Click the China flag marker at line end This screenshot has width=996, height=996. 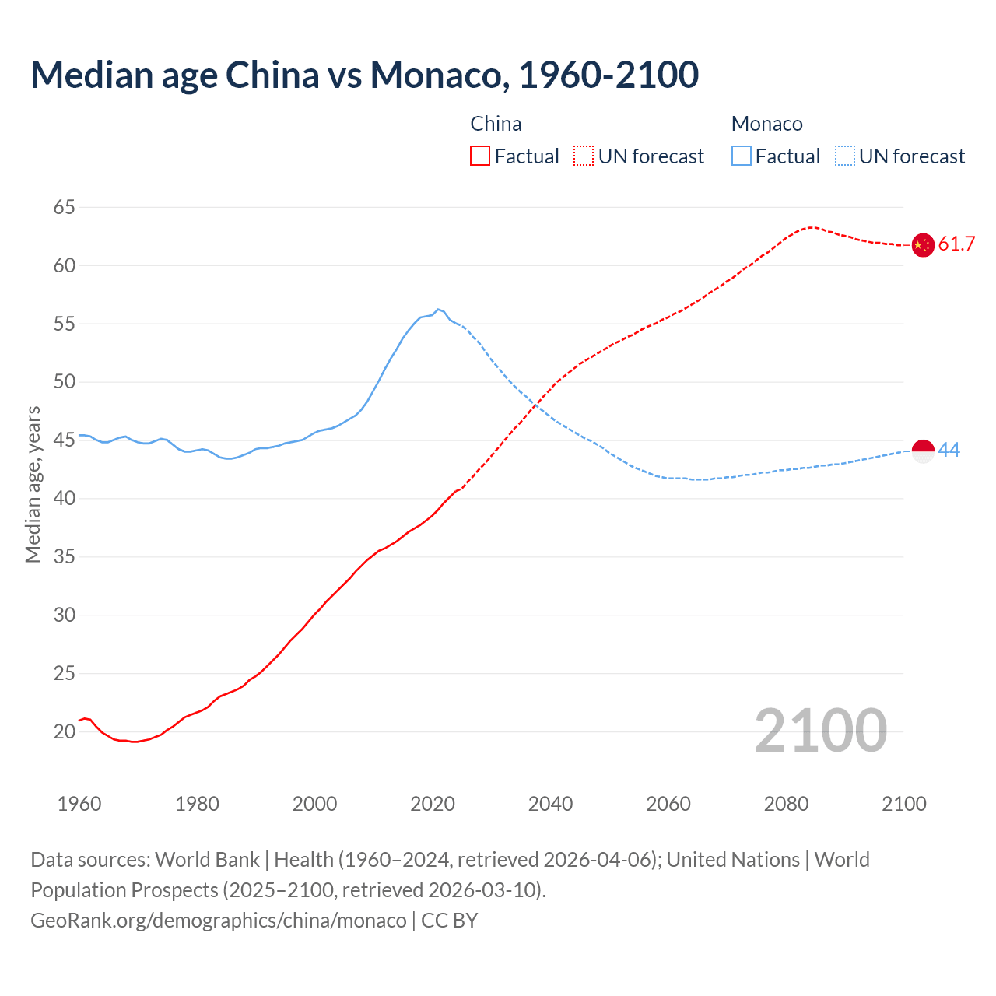pos(922,245)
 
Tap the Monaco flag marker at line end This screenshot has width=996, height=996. pos(922,451)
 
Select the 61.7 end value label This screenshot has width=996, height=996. pos(956,244)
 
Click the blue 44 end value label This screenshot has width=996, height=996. pos(949,450)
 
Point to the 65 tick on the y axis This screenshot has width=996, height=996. pos(65,207)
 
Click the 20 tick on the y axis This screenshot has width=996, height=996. pos(65,731)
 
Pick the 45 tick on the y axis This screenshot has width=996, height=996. pos(65,440)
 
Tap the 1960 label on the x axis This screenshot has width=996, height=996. pos(79,804)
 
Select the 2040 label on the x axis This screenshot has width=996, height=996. pos(550,804)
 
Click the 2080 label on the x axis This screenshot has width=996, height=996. pos(786,804)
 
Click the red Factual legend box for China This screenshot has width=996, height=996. pos(480,156)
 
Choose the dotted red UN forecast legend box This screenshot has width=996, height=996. pos(584,156)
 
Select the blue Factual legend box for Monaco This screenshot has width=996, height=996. pos(742,156)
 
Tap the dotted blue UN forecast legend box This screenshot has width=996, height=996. pos(844,156)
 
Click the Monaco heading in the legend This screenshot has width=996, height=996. pos(766,124)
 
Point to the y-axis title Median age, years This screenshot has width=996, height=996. pos(33,484)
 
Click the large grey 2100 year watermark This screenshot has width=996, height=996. pos(820,730)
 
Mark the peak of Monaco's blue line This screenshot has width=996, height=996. pos(438,309)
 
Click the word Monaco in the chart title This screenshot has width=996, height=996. pos(438,75)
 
